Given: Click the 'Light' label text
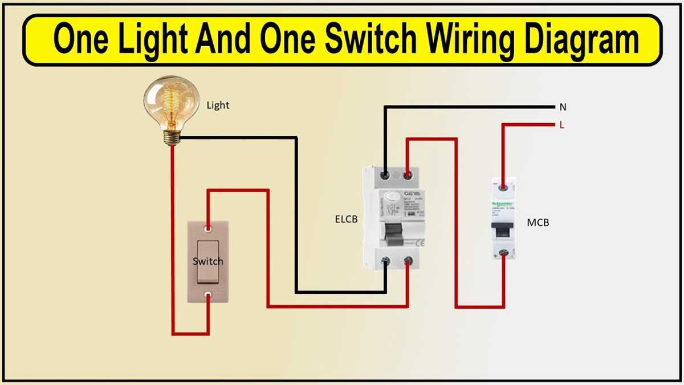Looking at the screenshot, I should (218, 106).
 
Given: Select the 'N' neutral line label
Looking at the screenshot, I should (563, 107).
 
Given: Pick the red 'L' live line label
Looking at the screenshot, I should (562, 125).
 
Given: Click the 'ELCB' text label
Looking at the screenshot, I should (347, 218).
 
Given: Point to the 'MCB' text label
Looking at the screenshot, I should (538, 222).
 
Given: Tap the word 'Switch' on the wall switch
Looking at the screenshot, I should (208, 261).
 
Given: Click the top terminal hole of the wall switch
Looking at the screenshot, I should (209, 229).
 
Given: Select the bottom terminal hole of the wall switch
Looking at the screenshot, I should (209, 295).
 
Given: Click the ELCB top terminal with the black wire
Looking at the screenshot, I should (386, 175).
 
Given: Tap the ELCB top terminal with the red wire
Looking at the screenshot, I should (408, 175).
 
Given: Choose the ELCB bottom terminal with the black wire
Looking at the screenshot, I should (386, 261).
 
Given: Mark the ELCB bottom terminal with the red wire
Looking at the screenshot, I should (408, 261).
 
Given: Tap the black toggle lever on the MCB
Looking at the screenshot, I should (503, 229).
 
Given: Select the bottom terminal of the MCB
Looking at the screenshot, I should (503, 253).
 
